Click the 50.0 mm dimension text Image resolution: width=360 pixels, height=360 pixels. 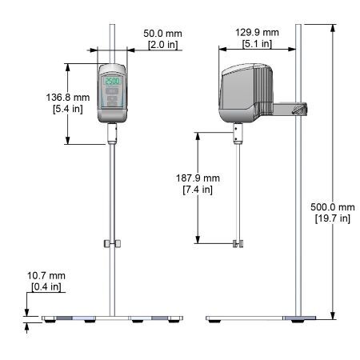pyautogui.click(x=162, y=34)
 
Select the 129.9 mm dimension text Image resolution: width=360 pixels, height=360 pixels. pyautogui.click(x=257, y=33)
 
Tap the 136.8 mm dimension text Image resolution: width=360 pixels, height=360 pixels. pyautogui.click(x=68, y=98)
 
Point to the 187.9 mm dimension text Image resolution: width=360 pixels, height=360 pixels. pyautogui.click(x=198, y=178)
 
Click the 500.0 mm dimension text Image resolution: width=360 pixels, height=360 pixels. pyautogui.click(x=333, y=207)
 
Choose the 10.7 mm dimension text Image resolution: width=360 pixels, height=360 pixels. pyautogui.click(x=46, y=275)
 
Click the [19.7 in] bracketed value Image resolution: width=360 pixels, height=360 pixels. pyautogui.click(x=333, y=218)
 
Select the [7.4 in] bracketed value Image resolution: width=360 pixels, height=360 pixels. pyautogui.click(x=198, y=190)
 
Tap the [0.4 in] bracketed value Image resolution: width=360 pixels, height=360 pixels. pyautogui.click(x=46, y=287)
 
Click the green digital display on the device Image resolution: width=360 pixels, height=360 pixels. pyautogui.click(x=112, y=81)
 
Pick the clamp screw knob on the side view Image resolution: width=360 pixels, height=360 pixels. pyautogui.click(x=299, y=110)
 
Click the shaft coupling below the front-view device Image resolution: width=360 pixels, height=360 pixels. pyautogui.click(x=112, y=134)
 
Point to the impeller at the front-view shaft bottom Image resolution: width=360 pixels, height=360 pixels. pyautogui.click(x=112, y=243)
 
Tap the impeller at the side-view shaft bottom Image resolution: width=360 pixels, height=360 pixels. pyautogui.click(x=238, y=244)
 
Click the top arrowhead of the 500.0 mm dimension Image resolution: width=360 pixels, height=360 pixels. pyautogui.click(x=333, y=28)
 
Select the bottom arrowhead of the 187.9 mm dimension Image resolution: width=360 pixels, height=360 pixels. pyautogui.click(x=198, y=239)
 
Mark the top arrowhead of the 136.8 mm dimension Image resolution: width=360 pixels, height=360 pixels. pyautogui.click(x=68, y=67)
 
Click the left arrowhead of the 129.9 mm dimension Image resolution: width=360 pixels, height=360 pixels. pyautogui.click(x=222, y=49)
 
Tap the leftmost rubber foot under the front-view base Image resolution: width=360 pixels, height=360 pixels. pyautogui.click(x=50, y=321)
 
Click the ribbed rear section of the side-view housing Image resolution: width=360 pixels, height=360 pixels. pyautogui.click(x=263, y=90)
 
